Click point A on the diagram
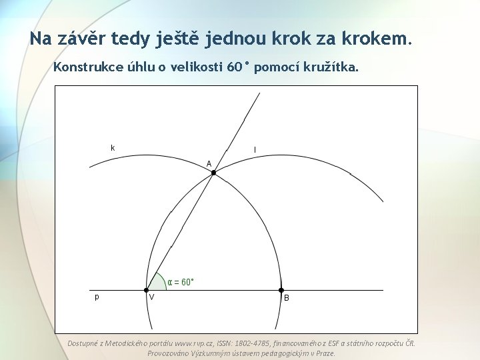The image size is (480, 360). click(x=213, y=173)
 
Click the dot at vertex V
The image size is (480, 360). click(x=146, y=290)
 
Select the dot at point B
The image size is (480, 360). click(x=281, y=290)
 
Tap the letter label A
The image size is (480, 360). click(x=209, y=163)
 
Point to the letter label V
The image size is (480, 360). click(x=152, y=298)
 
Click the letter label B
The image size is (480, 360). click(x=287, y=299)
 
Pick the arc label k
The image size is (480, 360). click(x=113, y=147)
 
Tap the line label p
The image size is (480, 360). click(x=97, y=297)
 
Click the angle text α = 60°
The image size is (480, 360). click(x=181, y=282)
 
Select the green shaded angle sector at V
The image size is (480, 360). click(x=156, y=283)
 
